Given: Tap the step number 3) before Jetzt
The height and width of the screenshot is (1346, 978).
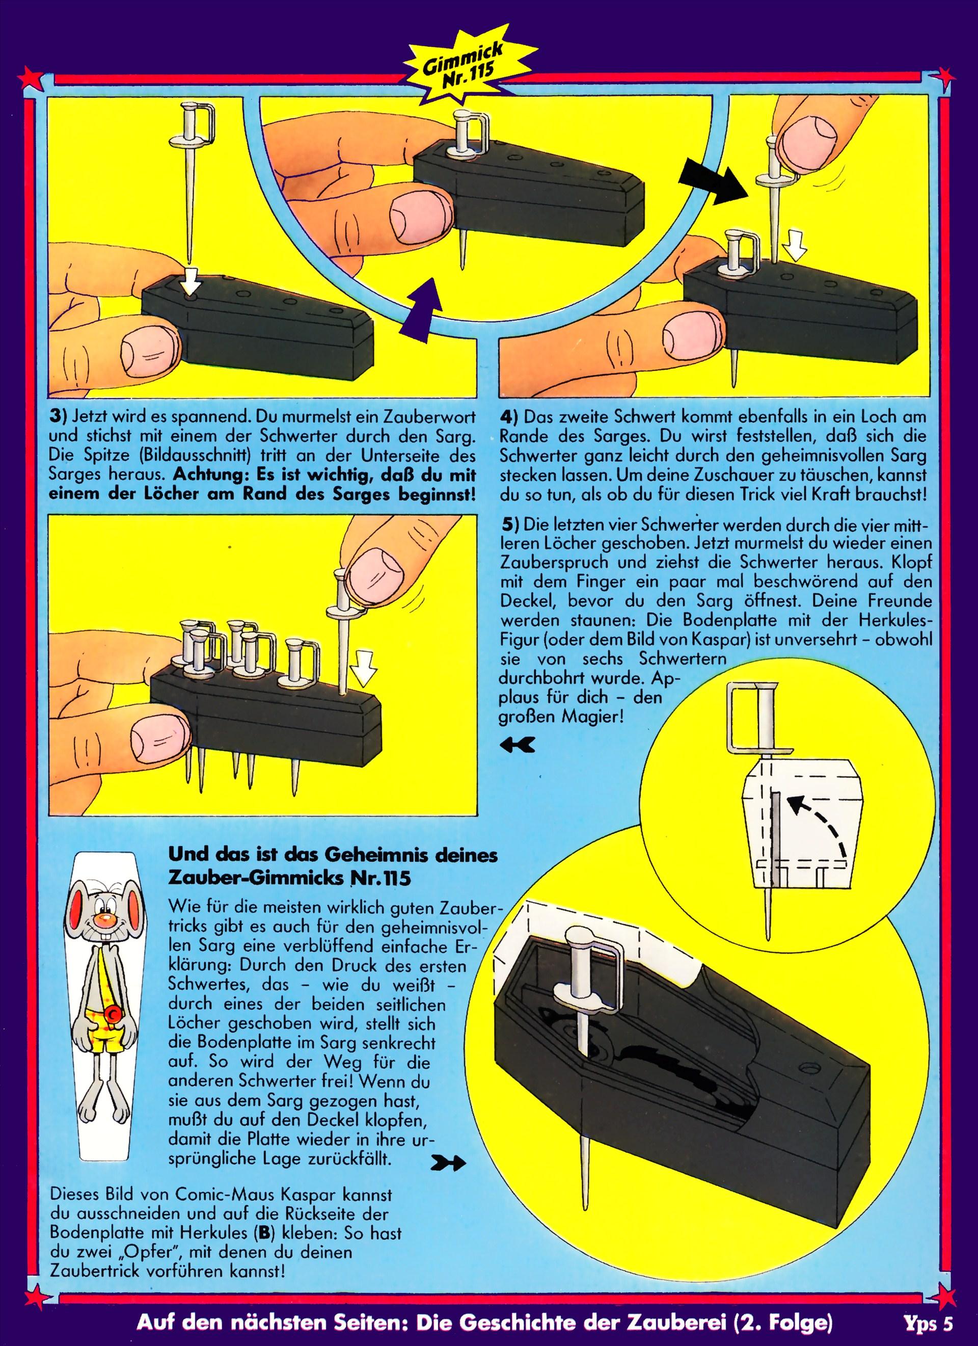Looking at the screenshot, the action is tap(59, 417).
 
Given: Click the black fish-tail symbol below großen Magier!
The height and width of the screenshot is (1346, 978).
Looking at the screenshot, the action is tap(518, 745).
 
